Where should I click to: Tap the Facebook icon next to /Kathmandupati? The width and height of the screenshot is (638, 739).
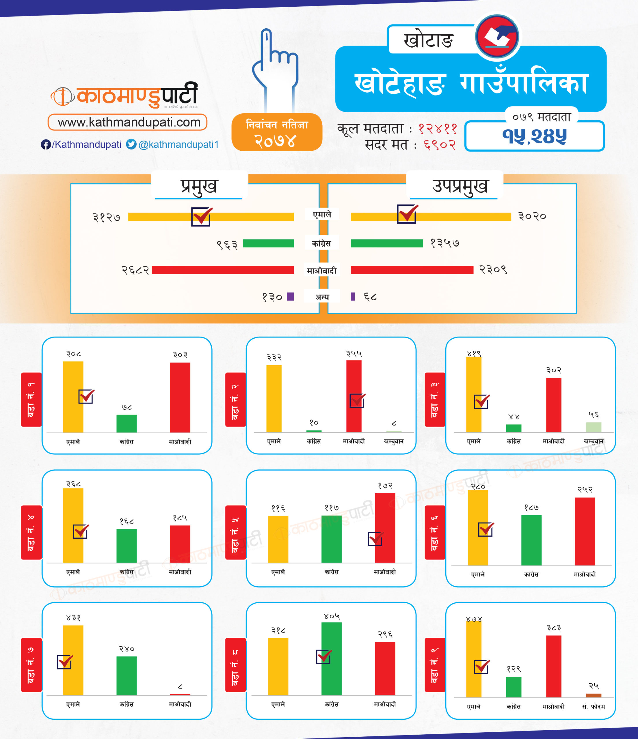[45, 144]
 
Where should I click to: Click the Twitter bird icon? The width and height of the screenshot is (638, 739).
[131, 144]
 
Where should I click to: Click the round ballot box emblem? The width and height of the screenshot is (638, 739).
[497, 36]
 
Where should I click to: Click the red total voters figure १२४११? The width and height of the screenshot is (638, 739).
[438, 128]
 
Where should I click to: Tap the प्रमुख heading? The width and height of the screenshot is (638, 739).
[199, 186]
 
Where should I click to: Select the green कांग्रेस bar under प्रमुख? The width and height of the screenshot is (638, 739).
[268, 243]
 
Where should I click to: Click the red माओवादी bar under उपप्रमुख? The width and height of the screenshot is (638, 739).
[412, 270]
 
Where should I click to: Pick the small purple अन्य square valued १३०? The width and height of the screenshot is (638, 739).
[291, 297]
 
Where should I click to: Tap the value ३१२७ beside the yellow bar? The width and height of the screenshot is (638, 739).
[106, 217]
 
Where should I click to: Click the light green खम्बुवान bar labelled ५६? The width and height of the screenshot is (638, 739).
[594, 427]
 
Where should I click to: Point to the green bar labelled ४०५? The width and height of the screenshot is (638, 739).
[332, 658]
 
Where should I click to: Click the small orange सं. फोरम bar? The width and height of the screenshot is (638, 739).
[594, 695]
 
